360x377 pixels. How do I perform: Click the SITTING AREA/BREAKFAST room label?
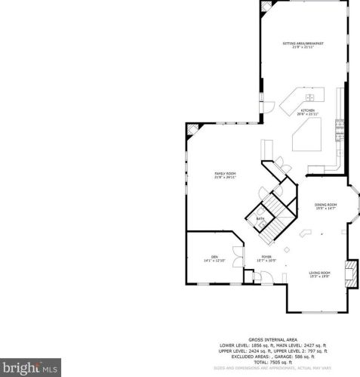click(303, 44)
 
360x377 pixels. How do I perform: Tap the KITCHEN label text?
click(308, 112)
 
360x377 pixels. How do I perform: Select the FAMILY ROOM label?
click(225, 175)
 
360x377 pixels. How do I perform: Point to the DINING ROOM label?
click(325, 205)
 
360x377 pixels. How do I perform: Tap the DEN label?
click(214, 258)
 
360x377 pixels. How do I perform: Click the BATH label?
click(260, 220)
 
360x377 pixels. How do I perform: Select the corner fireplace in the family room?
click(192, 128)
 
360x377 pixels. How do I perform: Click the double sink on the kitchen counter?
click(310, 97)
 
